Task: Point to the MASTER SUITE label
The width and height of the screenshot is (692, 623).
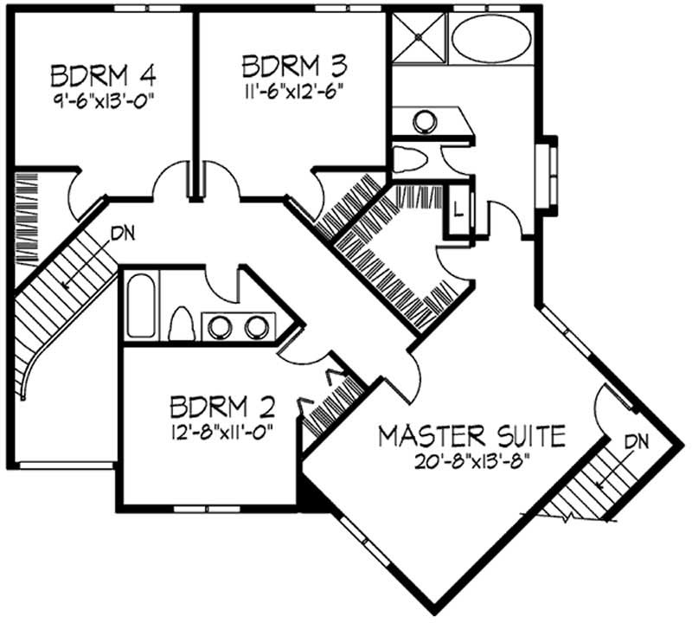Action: (472, 434)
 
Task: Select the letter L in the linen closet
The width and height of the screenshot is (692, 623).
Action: (458, 209)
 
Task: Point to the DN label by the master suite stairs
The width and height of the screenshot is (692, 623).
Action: (637, 440)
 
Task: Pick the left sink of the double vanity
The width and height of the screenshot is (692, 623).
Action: (221, 328)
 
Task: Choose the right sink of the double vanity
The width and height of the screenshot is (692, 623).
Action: (256, 328)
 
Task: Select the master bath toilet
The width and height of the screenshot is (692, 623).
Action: (407, 159)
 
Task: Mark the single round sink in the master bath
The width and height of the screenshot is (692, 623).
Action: (423, 121)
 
